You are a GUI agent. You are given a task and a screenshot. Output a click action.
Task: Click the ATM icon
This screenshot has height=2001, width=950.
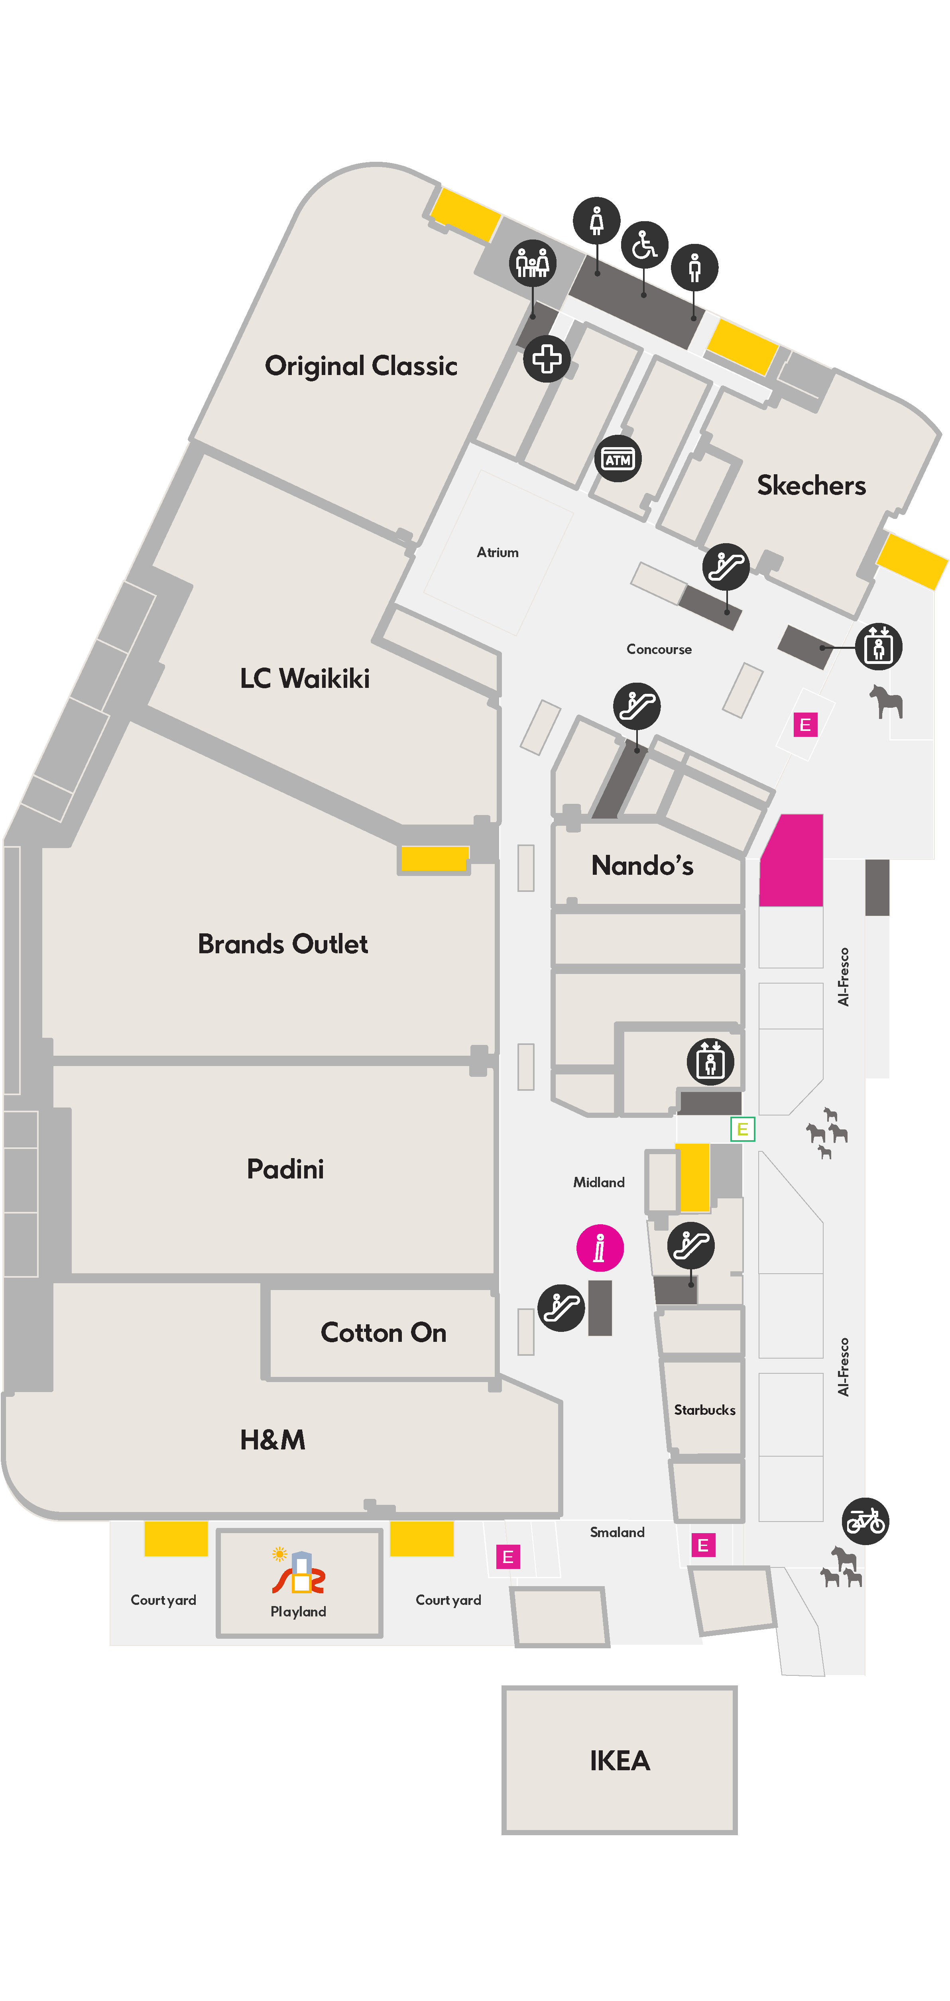[618, 459]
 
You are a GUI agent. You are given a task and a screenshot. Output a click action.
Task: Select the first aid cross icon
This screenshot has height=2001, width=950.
[547, 359]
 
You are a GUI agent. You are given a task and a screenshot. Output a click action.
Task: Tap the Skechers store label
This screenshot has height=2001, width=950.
[811, 485]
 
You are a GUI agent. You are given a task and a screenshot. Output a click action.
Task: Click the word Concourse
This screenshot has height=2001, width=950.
[659, 649]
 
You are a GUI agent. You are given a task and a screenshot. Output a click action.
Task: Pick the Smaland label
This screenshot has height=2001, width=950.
[617, 1532]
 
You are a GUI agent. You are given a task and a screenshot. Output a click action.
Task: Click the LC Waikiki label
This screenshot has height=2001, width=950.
[305, 678]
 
